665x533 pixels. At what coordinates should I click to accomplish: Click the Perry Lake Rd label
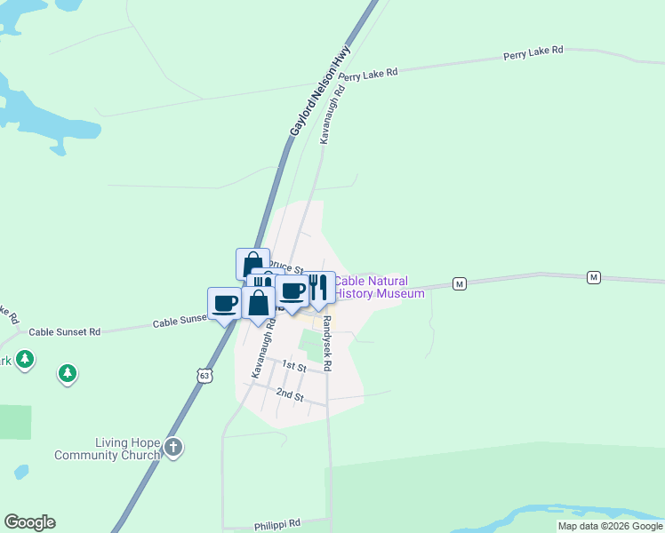[533, 52]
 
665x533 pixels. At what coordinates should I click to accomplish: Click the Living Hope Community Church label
[108, 449]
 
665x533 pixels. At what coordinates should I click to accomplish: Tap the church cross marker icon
[173, 448]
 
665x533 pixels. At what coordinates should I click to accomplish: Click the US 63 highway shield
[205, 377]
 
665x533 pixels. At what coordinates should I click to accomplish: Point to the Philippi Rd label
[277, 524]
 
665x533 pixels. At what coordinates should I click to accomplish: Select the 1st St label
[294, 365]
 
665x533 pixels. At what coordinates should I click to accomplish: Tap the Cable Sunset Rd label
[65, 331]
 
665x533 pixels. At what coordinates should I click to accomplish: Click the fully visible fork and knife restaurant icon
[321, 287]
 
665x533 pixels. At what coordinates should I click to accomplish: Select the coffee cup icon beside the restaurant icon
[292, 290]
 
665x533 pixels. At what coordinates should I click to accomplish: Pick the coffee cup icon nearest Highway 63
[224, 303]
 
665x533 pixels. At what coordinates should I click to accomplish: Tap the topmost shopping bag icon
[252, 264]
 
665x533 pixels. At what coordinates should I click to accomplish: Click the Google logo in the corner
[29, 522]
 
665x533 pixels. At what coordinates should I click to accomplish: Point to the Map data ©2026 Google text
[611, 526]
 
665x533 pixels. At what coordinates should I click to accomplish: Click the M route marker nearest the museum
[459, 283]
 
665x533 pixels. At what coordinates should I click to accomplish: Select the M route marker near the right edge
[593, 278]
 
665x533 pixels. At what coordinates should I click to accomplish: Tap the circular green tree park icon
[68, 373]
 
